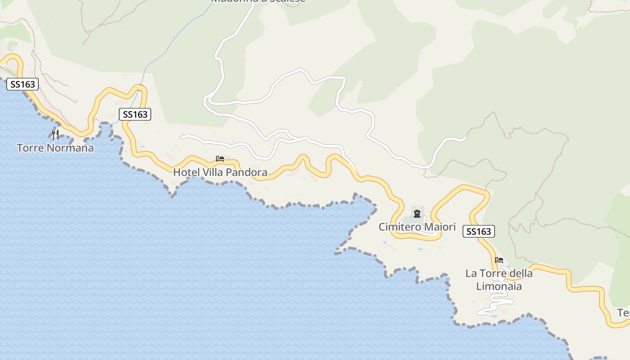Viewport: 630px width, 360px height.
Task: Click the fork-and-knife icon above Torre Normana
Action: tap(55, 134)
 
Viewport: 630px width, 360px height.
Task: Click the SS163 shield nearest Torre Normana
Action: tap(22, 84)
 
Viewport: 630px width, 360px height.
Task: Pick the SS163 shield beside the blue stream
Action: tap(135, 114)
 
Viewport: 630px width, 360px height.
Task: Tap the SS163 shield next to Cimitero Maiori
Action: tap(478, 231)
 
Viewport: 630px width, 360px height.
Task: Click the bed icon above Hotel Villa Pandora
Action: tap(220, 159)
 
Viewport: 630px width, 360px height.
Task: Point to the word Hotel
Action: tap(185, 172)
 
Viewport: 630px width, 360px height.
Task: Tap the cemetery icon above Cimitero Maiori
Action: tap(417, 213)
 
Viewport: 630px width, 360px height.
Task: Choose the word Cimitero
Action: tap(399, 227)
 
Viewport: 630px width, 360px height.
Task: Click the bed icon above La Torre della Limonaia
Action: tap(499, 260)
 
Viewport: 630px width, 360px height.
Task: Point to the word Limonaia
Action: tap(499, 286)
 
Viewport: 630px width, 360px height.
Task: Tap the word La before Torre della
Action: tap(471, 273)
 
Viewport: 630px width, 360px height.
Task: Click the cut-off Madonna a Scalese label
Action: tap(258, 1)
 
